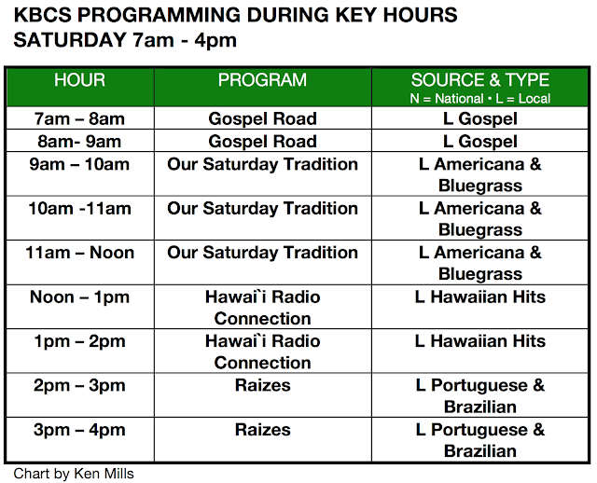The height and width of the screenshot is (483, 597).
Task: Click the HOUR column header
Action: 79,80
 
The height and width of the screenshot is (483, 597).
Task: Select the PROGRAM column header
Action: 262,80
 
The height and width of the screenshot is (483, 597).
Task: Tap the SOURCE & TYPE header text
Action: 480,80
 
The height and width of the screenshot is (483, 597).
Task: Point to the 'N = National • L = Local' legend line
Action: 480,99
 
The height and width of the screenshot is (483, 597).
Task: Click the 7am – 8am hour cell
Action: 79,118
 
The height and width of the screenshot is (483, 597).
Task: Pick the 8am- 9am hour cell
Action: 79,141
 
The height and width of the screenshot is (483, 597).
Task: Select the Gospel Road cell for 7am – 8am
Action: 262,118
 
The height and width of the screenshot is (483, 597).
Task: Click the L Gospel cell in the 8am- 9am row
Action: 480,142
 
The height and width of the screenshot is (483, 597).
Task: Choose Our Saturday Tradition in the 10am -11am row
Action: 262,209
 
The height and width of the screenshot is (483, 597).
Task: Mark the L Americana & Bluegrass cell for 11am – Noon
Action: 480,263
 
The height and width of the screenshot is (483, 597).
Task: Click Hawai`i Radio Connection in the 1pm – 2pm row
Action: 262,352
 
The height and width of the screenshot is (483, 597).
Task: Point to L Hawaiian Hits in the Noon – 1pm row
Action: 480,297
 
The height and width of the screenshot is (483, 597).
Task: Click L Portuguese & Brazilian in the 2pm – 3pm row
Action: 480,396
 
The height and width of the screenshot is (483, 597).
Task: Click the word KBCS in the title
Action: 43,15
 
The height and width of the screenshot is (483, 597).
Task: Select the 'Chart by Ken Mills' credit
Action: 74,474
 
